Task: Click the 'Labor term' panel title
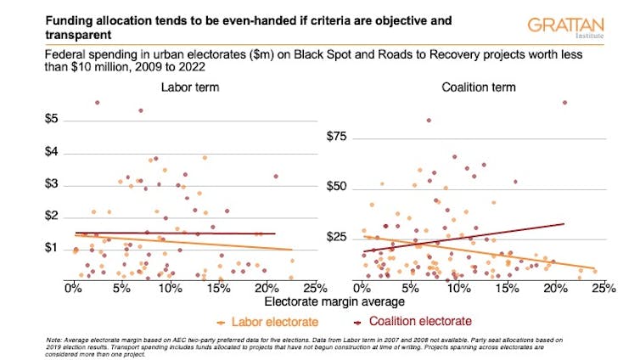187,87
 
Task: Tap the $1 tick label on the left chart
51,248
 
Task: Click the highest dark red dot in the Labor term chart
98,103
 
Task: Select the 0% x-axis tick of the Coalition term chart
363,288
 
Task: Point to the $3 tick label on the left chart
51,184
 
